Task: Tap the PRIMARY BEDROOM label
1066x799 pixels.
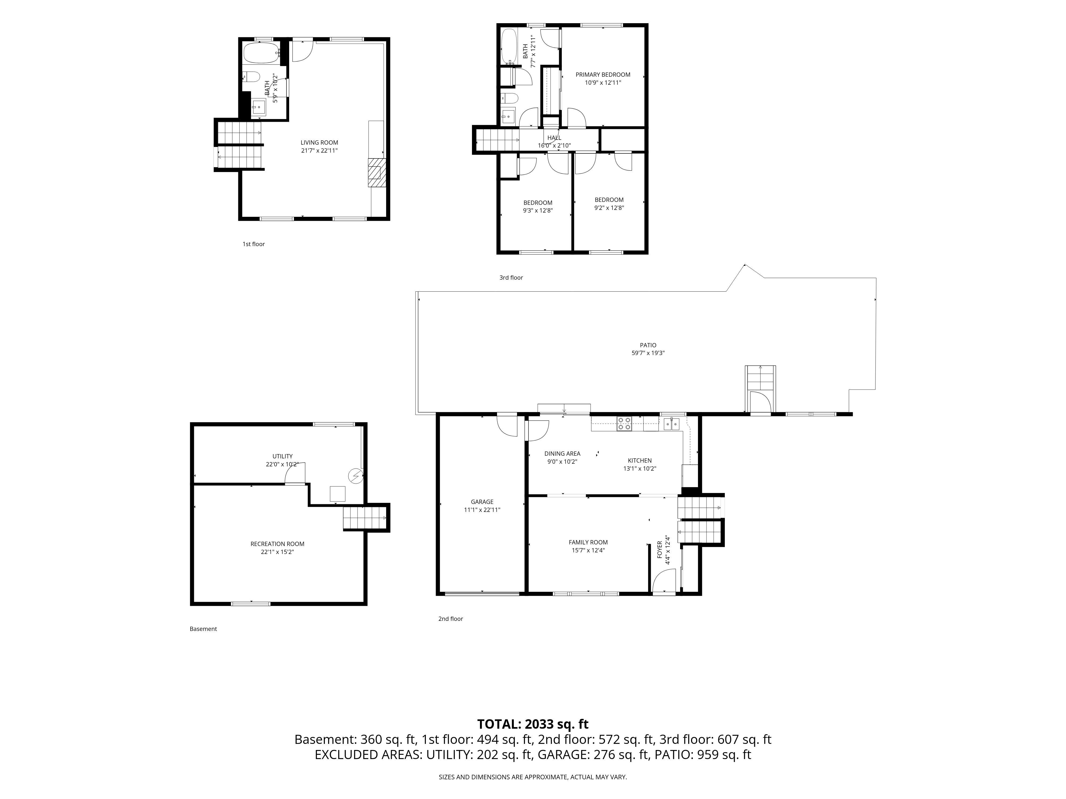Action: pos(603,75)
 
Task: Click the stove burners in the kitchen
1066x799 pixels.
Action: pos(625,424)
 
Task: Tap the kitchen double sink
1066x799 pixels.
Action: pos(671,424)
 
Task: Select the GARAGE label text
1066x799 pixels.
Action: pos(482,502)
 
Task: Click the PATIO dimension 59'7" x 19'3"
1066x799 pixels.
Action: pos(648,353)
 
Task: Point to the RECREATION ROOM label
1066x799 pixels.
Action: pos(278,544)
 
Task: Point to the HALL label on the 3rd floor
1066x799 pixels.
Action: pos(554,138)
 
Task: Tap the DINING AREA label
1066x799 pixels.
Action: pos(562,454)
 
